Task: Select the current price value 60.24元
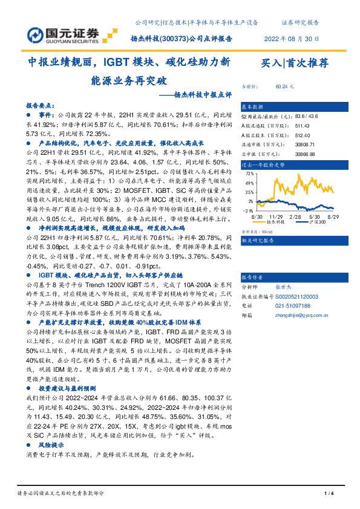tap(284, 87)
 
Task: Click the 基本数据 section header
tap(254, 106)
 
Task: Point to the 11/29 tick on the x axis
tap(276, 216)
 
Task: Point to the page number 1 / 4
tap(329, 494)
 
